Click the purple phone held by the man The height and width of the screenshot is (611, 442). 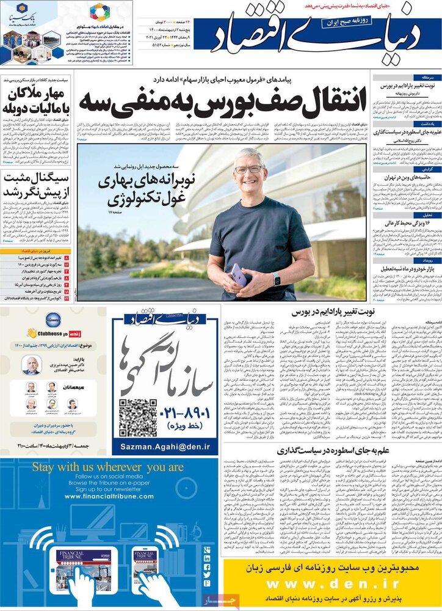click(x=238, y=274)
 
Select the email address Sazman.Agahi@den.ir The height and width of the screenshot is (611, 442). click(x=165, y=447)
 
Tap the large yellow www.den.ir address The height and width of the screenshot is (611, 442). click(x=331, y=584)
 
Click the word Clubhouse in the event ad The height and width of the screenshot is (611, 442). click(x=52, y=333)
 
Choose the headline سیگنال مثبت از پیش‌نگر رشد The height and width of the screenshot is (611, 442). click(x=37, y=185)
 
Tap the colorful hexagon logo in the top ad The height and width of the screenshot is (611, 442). click(x=100, y=12)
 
